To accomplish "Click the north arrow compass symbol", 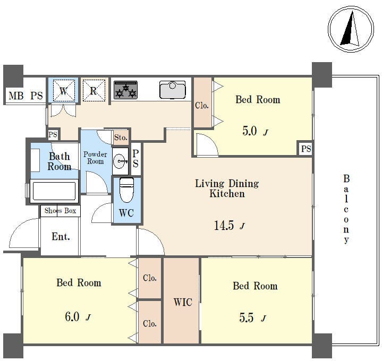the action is [351, 29].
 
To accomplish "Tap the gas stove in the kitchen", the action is [126, 90].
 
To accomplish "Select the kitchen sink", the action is [173, 90].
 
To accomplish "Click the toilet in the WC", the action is [126, 190].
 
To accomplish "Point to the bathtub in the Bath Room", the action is [54, 191].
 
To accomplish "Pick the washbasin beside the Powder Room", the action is [121, 161].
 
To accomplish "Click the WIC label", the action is [183, 302].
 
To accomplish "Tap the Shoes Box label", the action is [60, 211].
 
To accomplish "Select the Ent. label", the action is [61, 236].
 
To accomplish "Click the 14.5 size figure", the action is [224, 225].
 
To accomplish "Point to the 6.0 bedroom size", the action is [72, 317].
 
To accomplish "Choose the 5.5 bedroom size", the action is [247, 317].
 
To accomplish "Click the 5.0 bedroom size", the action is [250, 131].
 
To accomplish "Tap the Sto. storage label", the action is [121, 137].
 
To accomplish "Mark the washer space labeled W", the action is [64, 90].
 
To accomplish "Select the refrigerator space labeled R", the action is [94, 90].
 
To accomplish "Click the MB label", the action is [16, 96].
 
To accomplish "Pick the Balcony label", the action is [346, 209].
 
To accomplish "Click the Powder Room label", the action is [95, 158].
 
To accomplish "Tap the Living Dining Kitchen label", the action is [227, 188].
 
